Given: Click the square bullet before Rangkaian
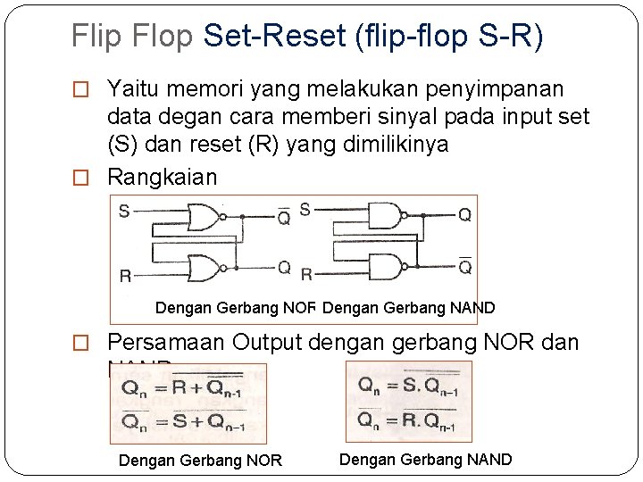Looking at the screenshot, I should pyautogui.click(x=81, y=178).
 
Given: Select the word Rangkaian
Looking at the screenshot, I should pyautogui.click(x=162, y=177).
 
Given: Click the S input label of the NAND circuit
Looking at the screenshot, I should pyautogui.click(x=305, y=210).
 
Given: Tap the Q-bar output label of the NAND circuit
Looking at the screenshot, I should pyautogui.click(x=464, y=267).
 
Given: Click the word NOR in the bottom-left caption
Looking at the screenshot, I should pyautogui.click(x=264, y=461).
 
